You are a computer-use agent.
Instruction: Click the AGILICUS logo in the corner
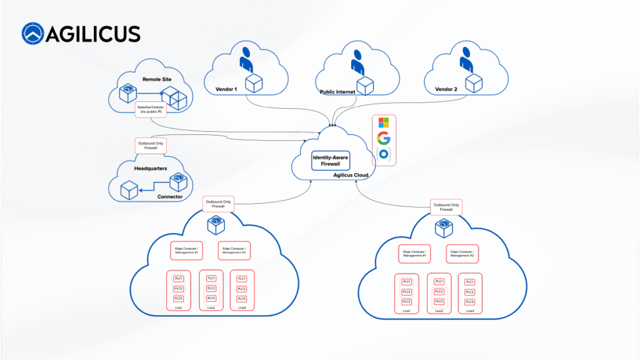click(x=81, y=34)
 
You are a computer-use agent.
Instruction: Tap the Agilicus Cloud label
click(x=351, y=176)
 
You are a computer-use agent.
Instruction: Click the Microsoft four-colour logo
click(x=384, y=122)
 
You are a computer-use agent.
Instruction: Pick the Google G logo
click(x=384, y=137)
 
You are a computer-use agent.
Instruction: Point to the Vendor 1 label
click(x=226, y=89)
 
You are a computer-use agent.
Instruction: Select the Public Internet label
click(x=337, y=92)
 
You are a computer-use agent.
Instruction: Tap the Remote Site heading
click(x=174, y=79)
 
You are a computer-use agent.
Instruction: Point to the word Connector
click(x=170, y=197)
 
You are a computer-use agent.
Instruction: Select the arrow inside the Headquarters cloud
click(x=154, y=188)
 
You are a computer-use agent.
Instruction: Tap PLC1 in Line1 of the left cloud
click(x=178, y=278)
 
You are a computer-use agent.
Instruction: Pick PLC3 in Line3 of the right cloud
click(x=469, y=302)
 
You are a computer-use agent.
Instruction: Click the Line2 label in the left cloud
click(x=211, y=307)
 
